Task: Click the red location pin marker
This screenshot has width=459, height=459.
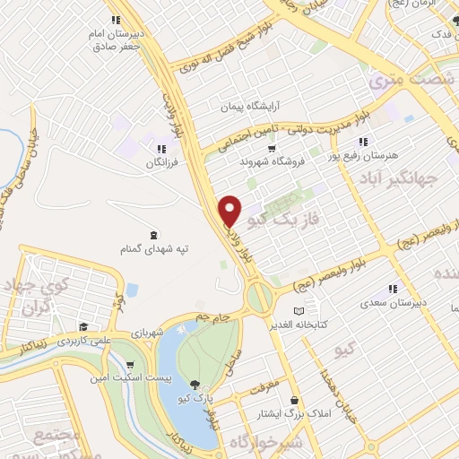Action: (230, 210)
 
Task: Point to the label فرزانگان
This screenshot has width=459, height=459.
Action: (161, 164)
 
